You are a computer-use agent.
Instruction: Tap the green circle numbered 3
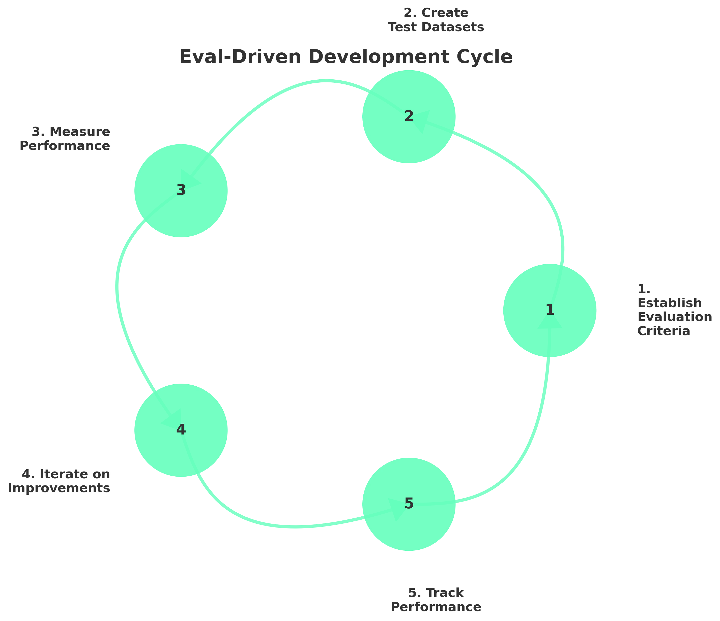click(x=181, y=190)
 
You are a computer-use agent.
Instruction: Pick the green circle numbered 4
click(x=181, y=430)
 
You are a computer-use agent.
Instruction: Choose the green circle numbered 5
click(x=409, y=504)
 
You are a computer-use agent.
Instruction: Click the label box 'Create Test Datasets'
click(x=437, y=20)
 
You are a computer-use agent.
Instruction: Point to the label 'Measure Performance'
click(x=65, y=139)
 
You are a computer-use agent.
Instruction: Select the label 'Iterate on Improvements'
click(x=58, y=481)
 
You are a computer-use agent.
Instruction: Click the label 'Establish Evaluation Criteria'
click(x=674, y=310)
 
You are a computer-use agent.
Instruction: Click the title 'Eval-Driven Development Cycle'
click(x=346, y=57)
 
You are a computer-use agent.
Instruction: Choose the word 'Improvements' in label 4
click(x=59, y=488)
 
